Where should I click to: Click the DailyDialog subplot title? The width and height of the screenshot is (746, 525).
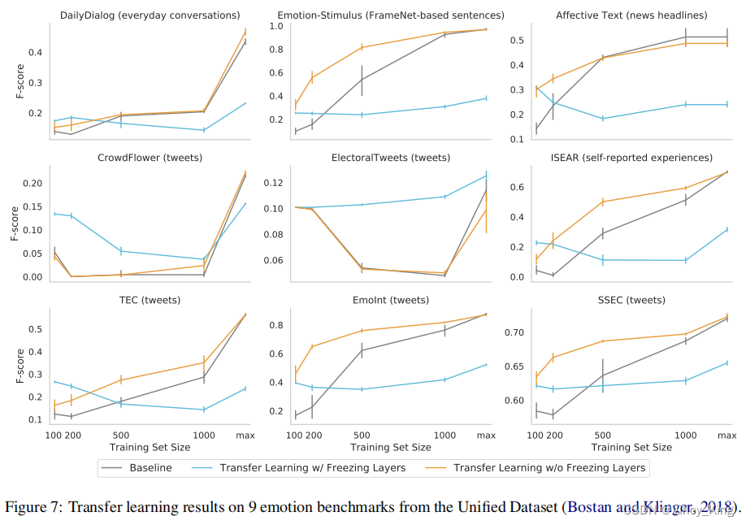coord(150,15)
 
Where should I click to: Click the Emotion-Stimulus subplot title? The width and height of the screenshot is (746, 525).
coord(391,15)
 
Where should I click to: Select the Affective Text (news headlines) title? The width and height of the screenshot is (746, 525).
coord(631,15)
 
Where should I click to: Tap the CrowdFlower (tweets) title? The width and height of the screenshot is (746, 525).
coord(150,158)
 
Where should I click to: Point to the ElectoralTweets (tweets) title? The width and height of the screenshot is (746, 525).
coord(391,158)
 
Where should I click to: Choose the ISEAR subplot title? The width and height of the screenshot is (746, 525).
coord(631,158)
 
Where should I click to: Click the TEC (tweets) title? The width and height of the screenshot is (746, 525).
coord(150,300)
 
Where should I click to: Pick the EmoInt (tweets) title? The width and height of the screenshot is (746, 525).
coord(391,300)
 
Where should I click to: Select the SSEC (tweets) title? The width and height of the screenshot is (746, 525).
coord(631,300)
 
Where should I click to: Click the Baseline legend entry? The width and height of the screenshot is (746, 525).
coord(150,467)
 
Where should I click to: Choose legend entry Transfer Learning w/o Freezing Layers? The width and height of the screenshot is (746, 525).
coord(549,467)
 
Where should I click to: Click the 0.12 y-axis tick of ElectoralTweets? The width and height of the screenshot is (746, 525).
coord(273,182)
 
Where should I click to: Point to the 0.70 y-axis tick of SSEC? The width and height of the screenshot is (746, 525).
coord(514,333)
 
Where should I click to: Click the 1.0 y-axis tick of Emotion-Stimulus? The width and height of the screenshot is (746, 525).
coord(276,27)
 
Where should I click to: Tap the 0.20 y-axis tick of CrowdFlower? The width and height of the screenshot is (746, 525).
coord(33,184)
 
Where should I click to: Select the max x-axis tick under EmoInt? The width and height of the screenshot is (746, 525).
coord(486,436)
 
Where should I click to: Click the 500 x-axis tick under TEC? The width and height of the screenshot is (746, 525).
coord(120,436)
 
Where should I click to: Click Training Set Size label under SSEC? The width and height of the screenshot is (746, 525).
coord(631,448)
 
